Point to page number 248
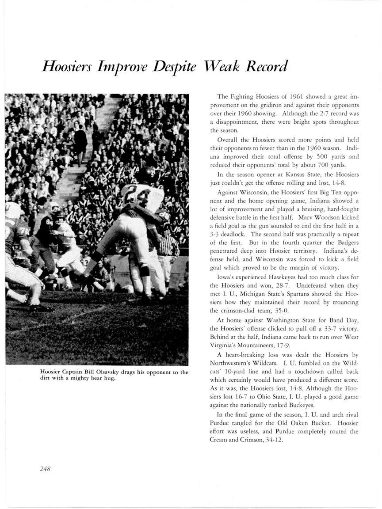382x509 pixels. (45, 469)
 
